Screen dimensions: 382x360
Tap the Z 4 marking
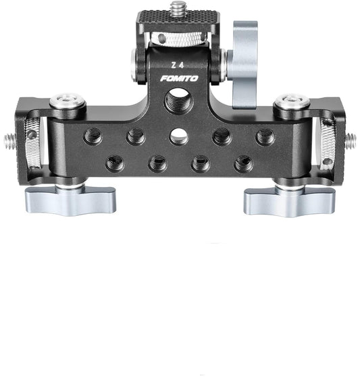(x=178, y=65)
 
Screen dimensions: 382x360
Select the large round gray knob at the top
(x=242, y=64)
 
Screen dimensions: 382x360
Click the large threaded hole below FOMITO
(x=179, y=103)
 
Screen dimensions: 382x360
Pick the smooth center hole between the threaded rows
(x=179, y=137)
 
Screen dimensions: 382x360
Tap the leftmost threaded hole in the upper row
(x=93, y=136)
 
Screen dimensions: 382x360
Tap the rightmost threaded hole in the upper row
(x=265, y=136)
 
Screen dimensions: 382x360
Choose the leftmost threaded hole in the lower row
(x=115, y=163)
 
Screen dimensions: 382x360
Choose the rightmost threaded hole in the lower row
(x=243, y=163)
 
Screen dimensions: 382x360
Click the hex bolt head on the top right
(x=292, y=102)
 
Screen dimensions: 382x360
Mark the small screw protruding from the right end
(x=351, y=140)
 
